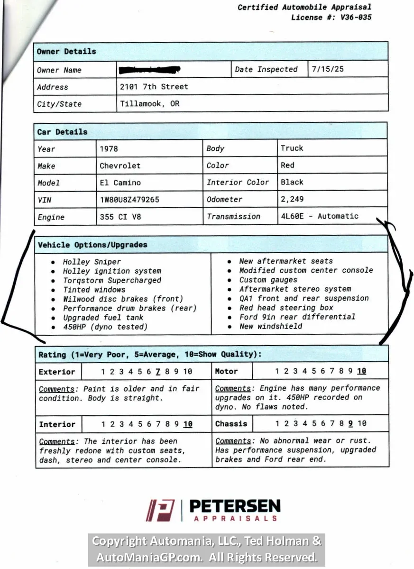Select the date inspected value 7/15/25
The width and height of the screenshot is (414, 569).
pos(328,69)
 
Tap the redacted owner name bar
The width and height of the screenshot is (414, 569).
pos(150,70)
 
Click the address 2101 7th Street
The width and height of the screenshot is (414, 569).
pos(154,87)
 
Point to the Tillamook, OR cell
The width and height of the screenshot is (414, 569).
pos(149,103)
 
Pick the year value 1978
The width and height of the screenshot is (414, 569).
pos(109,148)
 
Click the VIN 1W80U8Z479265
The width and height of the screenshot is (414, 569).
pos(129,200)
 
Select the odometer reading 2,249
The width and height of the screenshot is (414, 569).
pos(292,199)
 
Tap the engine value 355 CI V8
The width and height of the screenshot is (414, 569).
pos(120,217)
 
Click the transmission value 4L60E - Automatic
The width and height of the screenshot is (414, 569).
pos(319,216)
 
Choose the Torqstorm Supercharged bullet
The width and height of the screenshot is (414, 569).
pos(112,280)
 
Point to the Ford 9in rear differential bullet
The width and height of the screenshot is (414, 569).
pos(297,317)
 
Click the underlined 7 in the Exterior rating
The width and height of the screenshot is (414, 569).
pos(157,372)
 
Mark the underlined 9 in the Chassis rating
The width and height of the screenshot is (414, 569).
pos(350,423)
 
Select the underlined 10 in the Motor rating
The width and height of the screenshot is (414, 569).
pos(361,371)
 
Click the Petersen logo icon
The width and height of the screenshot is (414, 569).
pos(160,510)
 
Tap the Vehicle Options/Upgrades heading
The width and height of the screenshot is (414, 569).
pos(92,245)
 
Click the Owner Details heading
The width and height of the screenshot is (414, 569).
pos(66,51)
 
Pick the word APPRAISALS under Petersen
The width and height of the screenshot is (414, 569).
pos(235,518)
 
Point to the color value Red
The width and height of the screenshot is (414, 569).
pos(287,165)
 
